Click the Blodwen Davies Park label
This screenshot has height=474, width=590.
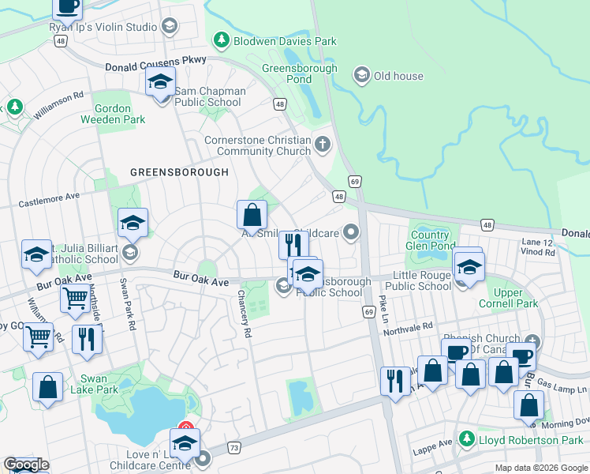(x=285, y=41)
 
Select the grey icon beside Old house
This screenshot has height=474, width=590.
(x=362, y=76)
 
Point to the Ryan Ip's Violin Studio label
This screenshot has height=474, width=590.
(x=103, y=27)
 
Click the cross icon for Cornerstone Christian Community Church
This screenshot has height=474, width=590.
(x=322, y=145)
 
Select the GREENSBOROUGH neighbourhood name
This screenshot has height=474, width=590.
(x=179, y=171)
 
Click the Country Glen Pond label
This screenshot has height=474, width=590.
(x=430, y=240)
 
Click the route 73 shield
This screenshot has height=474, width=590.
(x=235, y=448)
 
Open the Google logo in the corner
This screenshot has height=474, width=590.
(x=27, y=465)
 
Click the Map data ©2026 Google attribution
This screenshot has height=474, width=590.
(x=540, y=467)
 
